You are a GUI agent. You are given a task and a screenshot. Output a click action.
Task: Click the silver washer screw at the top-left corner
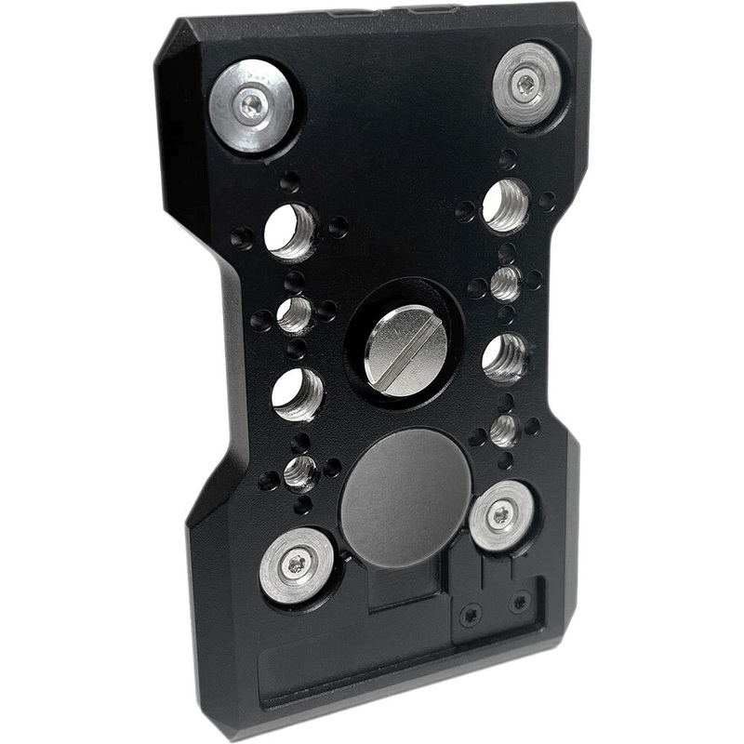251,103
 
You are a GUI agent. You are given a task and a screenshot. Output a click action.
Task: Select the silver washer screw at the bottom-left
297,564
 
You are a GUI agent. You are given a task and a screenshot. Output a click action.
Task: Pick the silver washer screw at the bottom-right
502,514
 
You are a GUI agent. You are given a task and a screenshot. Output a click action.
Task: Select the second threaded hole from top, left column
294,314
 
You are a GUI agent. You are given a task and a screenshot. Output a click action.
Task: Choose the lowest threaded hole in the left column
299,472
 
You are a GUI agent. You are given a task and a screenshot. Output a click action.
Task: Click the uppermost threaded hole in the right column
507,206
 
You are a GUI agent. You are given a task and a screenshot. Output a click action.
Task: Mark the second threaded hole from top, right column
505,283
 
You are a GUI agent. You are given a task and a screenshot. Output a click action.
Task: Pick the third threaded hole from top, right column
505,357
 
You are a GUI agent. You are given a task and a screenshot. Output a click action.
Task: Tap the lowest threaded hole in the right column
503,430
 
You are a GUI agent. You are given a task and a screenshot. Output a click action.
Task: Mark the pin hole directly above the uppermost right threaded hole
508,158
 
